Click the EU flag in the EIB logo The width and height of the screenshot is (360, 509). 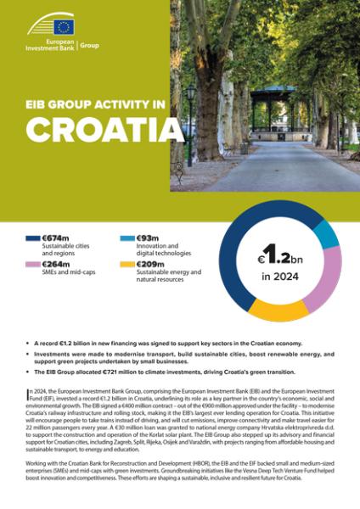(64, 25)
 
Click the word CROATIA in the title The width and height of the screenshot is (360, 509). (104, 128)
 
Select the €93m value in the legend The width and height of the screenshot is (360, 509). (149, 241)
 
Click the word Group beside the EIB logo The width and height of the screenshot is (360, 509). (89, 45)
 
